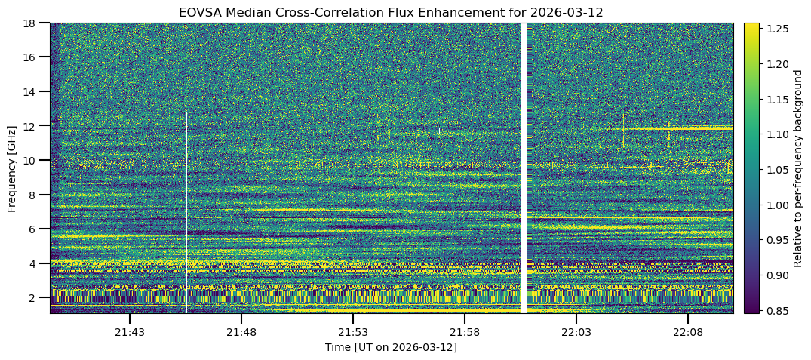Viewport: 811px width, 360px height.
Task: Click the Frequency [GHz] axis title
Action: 12,168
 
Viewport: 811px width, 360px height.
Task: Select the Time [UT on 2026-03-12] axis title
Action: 391,347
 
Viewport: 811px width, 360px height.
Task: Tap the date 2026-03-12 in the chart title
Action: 568,12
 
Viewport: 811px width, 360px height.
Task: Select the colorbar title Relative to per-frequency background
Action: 797,168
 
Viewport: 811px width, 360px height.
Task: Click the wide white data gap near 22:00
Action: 524,168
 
